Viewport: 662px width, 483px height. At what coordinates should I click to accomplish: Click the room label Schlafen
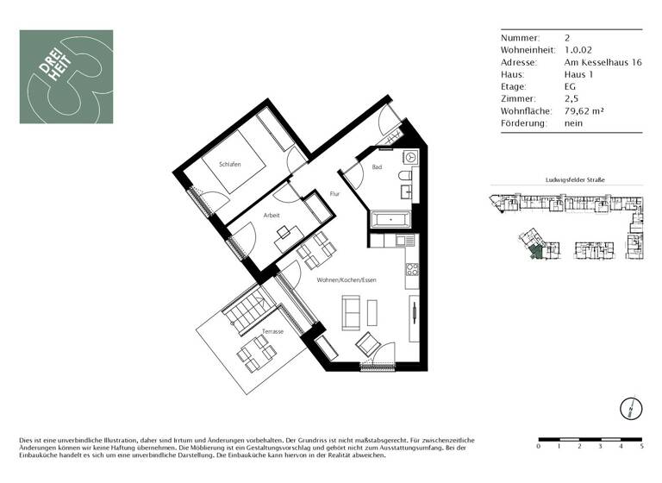point(229,165)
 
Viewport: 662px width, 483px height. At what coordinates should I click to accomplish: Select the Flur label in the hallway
point(334,195)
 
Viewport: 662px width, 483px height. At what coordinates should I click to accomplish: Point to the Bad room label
point(377,167)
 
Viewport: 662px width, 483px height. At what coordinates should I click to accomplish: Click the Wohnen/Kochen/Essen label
point(347,280)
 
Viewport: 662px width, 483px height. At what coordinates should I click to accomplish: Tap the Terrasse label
point(273,331)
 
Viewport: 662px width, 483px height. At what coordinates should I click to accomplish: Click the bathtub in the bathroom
point(393,221)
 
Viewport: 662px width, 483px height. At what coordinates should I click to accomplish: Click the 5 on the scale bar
point(641,447)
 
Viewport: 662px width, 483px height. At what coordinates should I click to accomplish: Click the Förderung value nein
point(573,123)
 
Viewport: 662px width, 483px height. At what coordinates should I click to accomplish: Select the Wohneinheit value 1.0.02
point(578,50)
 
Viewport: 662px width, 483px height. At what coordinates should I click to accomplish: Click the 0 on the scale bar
point(539,447)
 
